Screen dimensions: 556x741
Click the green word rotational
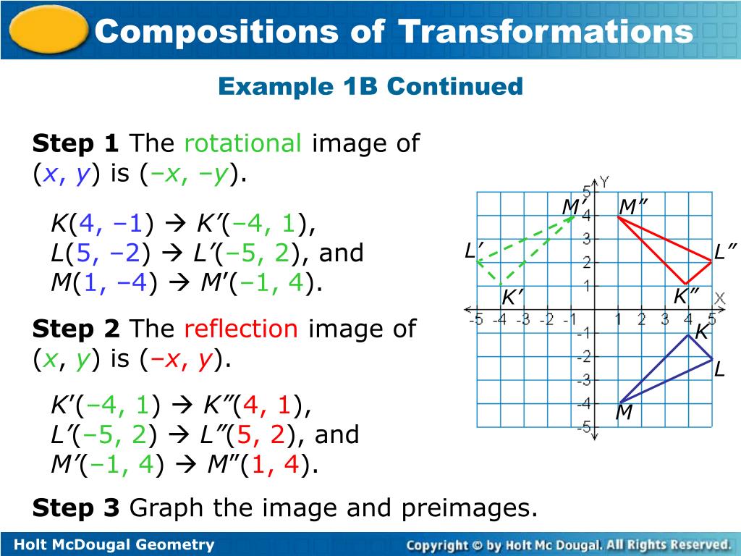click(242, 143)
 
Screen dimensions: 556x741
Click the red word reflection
click(241, 329)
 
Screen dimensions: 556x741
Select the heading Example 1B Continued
click(370, 87)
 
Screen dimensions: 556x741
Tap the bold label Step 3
click(75, 508)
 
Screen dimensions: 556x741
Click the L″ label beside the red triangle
click(725, 252)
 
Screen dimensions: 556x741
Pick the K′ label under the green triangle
click(512, 298)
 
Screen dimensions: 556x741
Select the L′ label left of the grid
click(473, 251)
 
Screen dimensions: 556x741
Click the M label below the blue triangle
click(624, 413)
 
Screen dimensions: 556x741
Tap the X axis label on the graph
click(720, 298)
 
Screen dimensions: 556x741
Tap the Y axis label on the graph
click(604, 182)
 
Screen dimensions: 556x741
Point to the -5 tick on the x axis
click(477, 319)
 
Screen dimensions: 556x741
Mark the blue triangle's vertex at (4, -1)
click(688, 334)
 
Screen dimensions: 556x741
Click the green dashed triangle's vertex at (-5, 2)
click(478, 261)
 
